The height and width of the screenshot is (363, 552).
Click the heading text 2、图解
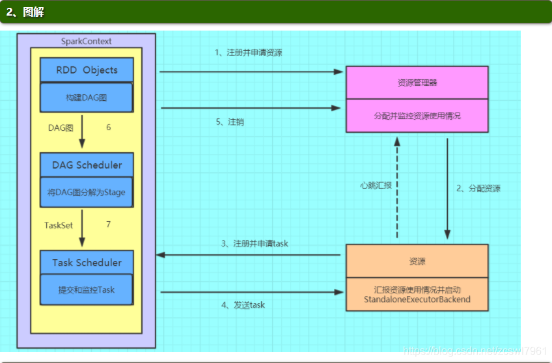25,12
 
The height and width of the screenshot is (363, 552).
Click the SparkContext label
86,41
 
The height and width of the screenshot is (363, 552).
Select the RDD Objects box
87,70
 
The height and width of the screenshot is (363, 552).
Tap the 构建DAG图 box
87,97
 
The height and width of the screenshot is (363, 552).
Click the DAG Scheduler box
87,165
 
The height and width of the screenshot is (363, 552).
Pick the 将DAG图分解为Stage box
87,192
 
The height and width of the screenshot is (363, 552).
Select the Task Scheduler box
87,263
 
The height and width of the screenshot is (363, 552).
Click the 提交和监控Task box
87,289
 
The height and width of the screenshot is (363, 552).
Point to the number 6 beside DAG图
108,128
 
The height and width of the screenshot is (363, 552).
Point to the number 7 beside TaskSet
108,224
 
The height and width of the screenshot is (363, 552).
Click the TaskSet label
59,225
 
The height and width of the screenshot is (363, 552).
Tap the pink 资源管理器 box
417,83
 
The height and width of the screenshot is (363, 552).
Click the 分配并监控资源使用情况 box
417,116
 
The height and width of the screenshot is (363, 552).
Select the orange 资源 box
417,261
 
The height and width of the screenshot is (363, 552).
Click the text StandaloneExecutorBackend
417,299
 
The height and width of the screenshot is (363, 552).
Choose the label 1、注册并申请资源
249,52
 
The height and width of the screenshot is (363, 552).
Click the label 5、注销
230,122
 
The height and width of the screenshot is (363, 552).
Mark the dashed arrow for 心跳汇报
396,189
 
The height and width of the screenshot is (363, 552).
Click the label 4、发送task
243,304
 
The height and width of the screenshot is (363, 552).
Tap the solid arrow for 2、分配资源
447,189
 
